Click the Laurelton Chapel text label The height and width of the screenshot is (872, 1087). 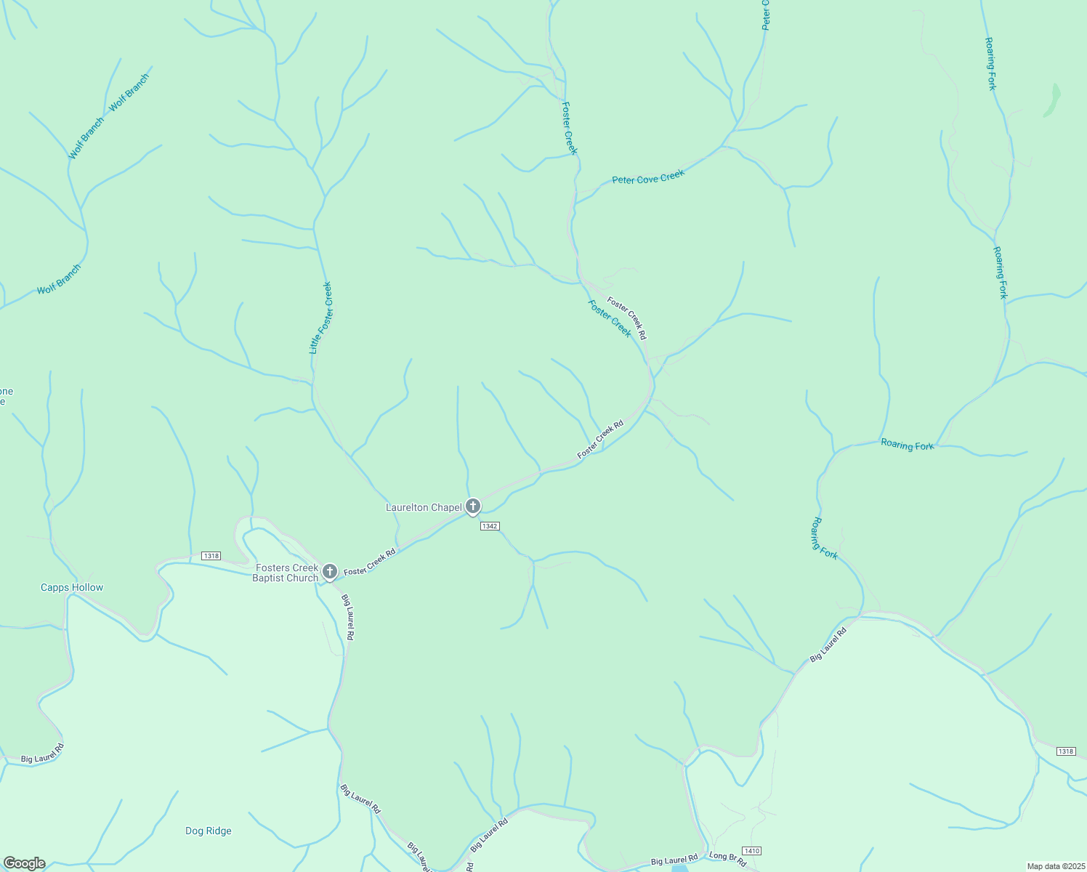424,507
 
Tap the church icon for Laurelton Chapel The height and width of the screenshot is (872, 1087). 473,506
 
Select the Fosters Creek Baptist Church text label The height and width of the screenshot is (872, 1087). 286,573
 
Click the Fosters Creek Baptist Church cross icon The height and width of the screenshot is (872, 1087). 330,572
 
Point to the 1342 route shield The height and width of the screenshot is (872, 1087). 490,525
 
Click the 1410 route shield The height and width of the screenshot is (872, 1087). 751,850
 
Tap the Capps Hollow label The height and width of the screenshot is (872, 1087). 72,587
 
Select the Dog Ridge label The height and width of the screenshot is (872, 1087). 209,831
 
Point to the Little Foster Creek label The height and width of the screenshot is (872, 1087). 320,318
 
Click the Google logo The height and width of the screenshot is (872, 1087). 24,863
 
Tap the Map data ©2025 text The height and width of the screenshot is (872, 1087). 1055,866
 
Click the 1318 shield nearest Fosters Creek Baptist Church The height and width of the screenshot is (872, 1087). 211,556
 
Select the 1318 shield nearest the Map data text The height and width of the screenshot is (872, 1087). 1066,751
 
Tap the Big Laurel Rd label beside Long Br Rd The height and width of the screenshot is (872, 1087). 674,860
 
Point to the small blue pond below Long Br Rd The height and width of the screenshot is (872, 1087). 681,868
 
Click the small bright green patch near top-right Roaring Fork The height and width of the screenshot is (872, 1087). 1052,100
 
